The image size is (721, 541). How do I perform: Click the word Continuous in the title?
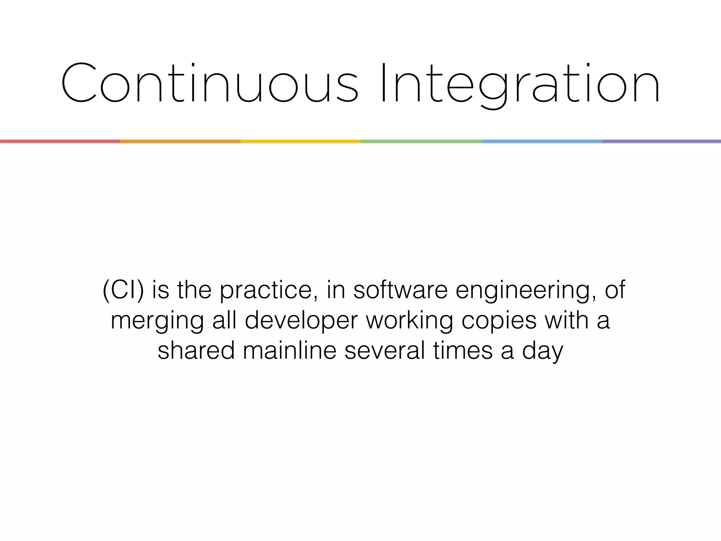point(209,84)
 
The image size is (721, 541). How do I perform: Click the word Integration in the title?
point(520,84)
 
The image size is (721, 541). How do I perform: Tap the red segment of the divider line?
point(60,141)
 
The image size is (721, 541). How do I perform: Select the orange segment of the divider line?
point(180,141)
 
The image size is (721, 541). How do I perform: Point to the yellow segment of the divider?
point(301,141)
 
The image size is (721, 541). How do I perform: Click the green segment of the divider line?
point(421,141)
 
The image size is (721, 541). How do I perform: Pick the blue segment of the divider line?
point(542,141)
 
